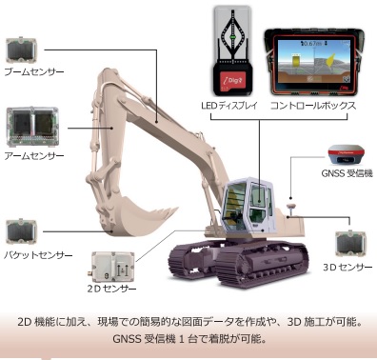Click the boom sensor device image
(x=23, y=50)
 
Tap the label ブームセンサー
(x=33, y=72)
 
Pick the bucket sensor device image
(x=22, y=230)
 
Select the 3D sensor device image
(x=351, y=243)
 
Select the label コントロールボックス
(x=314, y=104)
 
